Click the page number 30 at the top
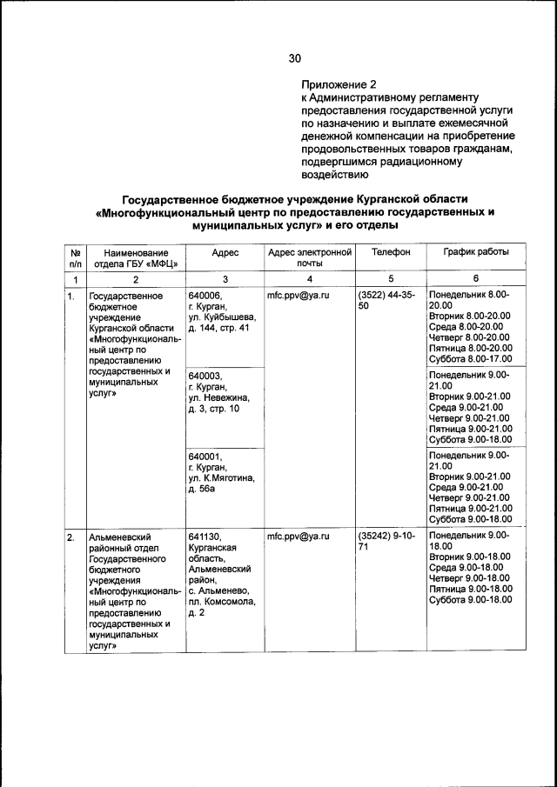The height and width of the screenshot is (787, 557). (294, 59)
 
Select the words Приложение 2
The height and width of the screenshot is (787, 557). (339, 85)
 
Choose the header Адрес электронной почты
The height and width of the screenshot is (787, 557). (309, 257)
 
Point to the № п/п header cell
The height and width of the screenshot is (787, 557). (75, 257)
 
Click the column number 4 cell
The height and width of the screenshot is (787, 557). (309, 279)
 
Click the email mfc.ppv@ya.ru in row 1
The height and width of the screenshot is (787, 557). (299, 296)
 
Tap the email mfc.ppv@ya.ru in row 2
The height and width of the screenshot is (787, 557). (299, 537)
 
